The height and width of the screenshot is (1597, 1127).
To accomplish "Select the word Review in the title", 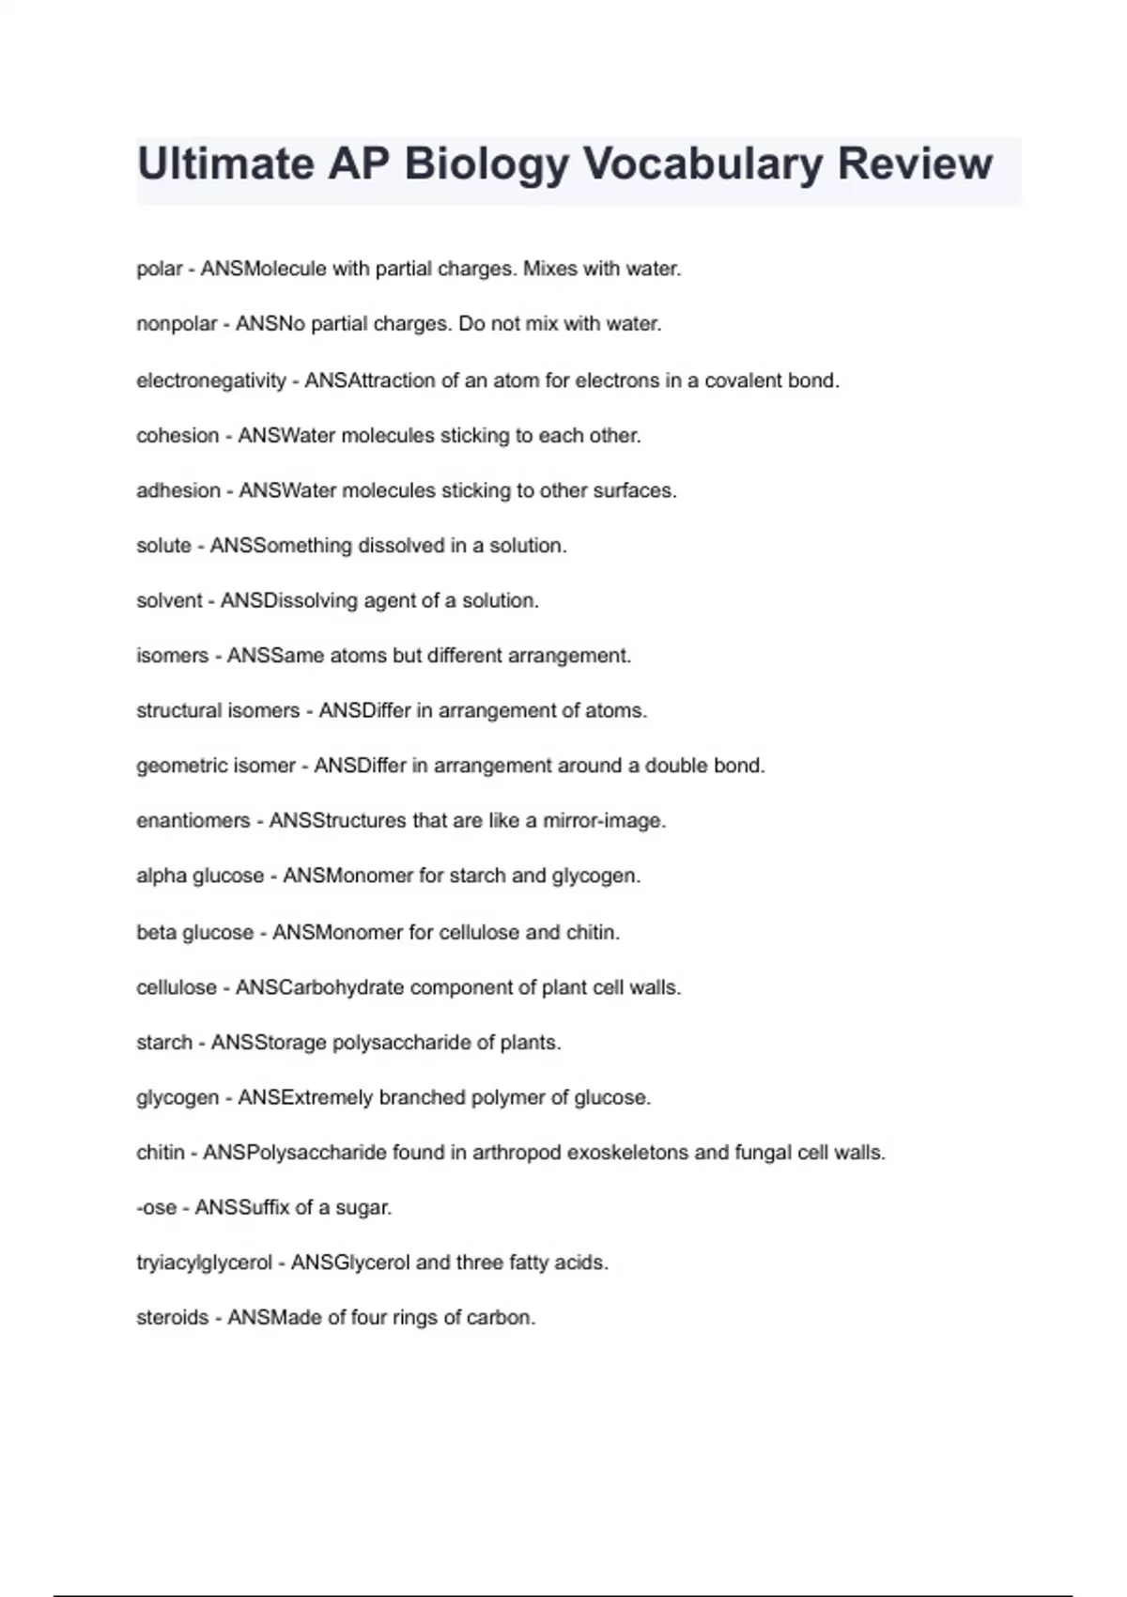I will (x=914, y=163).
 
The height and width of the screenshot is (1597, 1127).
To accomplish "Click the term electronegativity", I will (x=211, y=380).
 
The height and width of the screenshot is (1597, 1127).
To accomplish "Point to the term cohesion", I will (x=178, y=436).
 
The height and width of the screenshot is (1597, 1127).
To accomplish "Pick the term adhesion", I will (x=178, y=490).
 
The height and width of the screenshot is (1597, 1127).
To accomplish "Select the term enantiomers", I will (x=193, y=820).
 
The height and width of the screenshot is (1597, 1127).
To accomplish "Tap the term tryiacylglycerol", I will (x=204, y=1263).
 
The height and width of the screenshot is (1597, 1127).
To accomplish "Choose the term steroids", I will (x=172, y=1317).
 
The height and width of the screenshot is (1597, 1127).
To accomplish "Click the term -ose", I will (x=156, y=1207).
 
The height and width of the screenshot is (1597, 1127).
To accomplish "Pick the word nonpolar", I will (x=177, y=324).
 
